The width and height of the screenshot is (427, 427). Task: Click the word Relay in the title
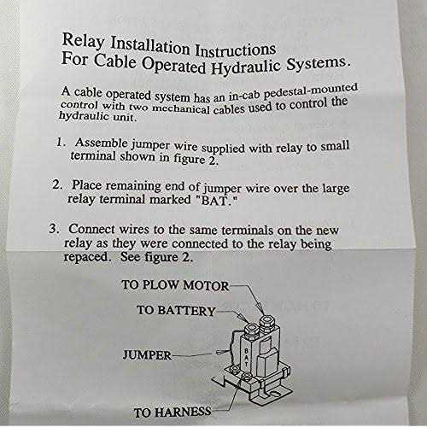[84, 42]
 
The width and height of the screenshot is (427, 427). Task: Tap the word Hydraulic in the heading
[245, 67]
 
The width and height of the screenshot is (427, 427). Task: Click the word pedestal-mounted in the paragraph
[311, 91]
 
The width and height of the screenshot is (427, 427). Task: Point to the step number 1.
[61, 142]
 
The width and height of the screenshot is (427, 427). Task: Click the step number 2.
[57, 184]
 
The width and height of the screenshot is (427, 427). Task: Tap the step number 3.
[54, 229]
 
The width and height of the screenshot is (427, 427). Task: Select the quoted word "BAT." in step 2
[216, 201]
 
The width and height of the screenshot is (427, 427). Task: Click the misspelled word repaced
[86, 257]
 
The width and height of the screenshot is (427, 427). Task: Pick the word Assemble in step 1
[101, 143]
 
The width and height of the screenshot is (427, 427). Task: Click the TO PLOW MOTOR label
[175, 285]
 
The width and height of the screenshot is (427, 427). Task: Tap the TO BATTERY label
[176, 310]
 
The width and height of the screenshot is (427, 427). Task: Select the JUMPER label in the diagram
[147, 355]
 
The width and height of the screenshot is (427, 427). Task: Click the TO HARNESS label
[173, 412]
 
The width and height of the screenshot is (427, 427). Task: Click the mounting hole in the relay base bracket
[275, 394]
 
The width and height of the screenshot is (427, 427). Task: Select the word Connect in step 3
[91, 229]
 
